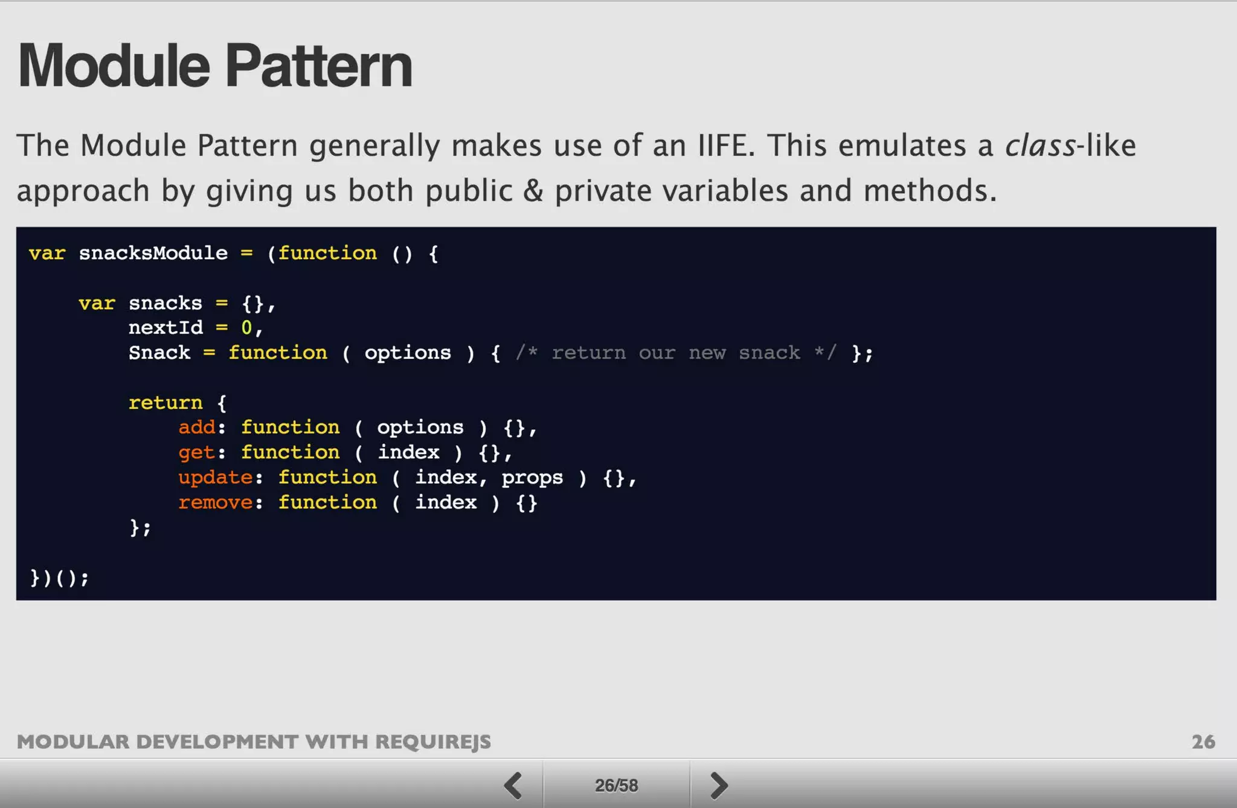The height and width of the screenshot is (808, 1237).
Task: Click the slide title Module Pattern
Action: [x=215, y=66]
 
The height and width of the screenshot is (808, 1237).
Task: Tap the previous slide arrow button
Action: [x=513, y=785]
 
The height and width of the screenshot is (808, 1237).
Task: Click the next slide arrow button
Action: [x=718, y=785]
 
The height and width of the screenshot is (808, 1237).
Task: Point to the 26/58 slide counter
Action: [x=616, y=785]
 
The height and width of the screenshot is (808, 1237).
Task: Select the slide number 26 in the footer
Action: [x=1203, y=742]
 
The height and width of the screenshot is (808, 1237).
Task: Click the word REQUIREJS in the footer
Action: [x=433, y=742]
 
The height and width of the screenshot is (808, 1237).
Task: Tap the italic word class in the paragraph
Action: [x=1039, y=146]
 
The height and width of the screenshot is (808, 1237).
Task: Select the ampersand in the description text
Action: [x=533, y=191]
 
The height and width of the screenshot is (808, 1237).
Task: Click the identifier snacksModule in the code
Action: [x=153, y=253]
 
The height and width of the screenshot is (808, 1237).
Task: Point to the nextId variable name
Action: [x=165, y=328]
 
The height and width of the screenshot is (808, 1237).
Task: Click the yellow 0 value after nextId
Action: [x=246, y=328]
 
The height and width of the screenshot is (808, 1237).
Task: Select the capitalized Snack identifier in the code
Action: [x=159, y=353]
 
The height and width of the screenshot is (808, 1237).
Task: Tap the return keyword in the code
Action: [x=165, y=403]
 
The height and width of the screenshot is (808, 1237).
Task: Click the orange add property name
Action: [x=197, y=428]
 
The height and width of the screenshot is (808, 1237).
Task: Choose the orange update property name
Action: [x=216, y=478]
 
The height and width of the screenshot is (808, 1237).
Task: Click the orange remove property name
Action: [x=216, y=502]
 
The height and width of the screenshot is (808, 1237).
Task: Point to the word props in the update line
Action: [x=532, y=478]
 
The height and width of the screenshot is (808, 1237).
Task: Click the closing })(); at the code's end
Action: [x=59, y=578]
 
